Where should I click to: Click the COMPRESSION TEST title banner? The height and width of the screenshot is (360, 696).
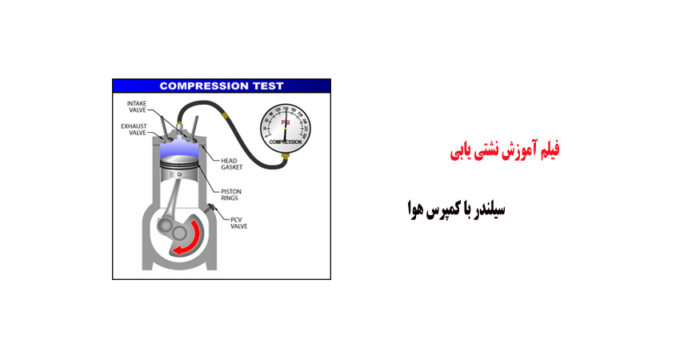click(x=221, y=86)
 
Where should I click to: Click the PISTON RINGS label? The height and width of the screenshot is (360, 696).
click(x=231, y=194)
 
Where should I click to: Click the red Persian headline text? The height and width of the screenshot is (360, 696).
click(x=503, y=150)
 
